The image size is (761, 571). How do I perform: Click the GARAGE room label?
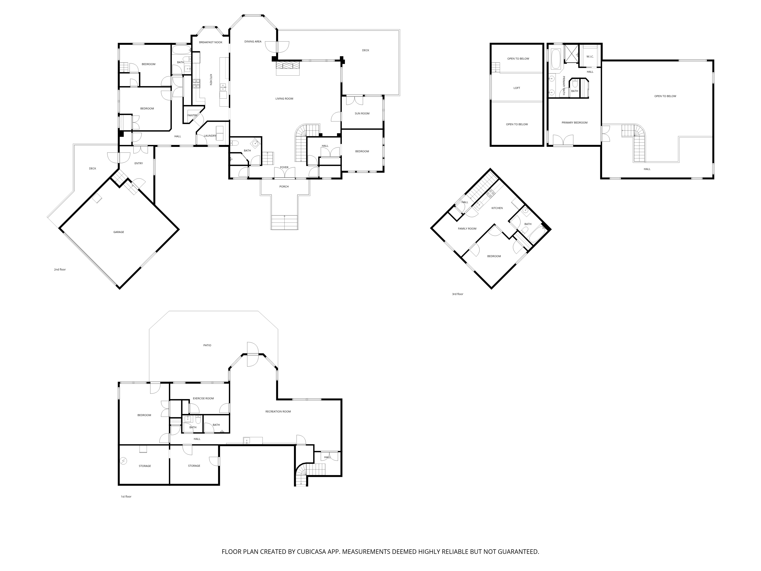(x=119, y=232)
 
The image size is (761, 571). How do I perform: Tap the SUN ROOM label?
(x=362, y=114)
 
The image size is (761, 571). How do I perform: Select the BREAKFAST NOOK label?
(x=211, y=42)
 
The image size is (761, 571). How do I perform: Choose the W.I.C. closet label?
(x=590, y=57)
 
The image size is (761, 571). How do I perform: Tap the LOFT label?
(x=517, y=88)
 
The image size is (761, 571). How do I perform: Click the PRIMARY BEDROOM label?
(x=575, y=123)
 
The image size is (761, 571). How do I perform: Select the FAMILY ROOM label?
(x=467, y=229)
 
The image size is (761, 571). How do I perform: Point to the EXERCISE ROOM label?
(x=203, y=398)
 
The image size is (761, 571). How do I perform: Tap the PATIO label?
(x=207, y=345)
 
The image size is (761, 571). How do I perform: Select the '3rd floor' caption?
(x=458, y=294)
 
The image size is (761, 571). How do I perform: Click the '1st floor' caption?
(x=126, y=497)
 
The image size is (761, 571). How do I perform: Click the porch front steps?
(x=284, y=222)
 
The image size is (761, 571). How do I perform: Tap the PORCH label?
(x=284, y=187)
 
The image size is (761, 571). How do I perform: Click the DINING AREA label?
(x=253, y=42)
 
